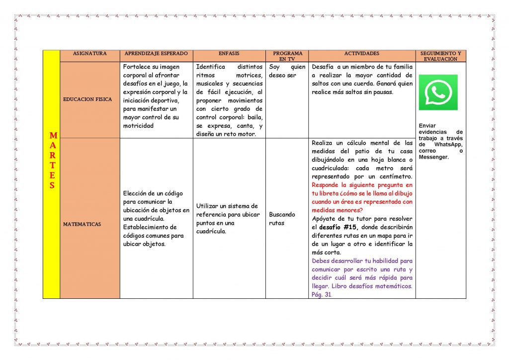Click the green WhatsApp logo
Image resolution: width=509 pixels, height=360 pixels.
[438, 92]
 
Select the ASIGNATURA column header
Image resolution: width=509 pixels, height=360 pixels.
[89, 53]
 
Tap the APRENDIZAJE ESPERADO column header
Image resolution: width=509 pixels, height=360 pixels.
[156, 53]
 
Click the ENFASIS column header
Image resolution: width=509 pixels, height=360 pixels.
[229, 53]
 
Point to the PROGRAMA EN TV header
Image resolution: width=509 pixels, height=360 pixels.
[287, 56]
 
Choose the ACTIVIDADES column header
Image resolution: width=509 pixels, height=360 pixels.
[361, 53]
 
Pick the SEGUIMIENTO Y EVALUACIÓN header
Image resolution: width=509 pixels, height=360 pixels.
[440, 56]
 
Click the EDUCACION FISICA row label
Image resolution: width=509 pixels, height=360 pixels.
[87, 99]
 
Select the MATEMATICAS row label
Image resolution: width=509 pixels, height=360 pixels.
[82, 224]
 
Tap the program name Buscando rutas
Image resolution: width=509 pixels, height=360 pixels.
[282, 219]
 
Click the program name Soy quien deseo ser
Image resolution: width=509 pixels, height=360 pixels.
[287, 71]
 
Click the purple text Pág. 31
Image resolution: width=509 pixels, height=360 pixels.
[321, 294]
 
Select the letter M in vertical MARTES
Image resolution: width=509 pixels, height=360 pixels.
[53, 135]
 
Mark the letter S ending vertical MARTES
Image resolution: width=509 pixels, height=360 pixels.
[52, 186]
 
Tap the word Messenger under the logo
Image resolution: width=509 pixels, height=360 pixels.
[433, 157]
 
